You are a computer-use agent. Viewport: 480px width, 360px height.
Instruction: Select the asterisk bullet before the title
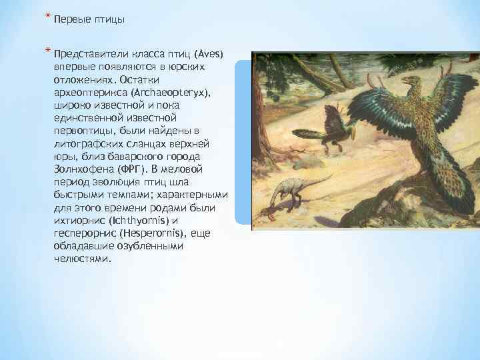tap(47, 17)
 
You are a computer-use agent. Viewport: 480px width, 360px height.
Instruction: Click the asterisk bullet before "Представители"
tap(47, 51)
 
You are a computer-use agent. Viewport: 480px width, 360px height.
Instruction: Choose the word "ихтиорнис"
tap(77, 221)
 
